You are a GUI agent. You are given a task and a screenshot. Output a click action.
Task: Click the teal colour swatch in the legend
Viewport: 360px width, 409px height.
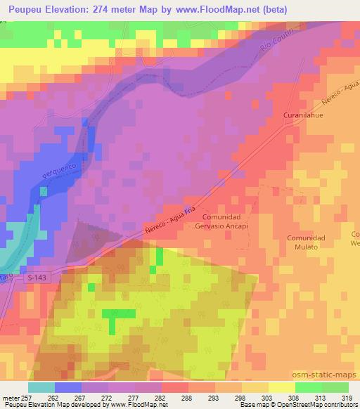pyautogui.click(x=42, y=387)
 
